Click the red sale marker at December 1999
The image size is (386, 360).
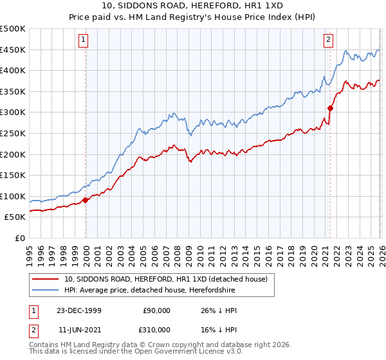tap(86, 200)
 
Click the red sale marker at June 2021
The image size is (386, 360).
tap(330, 108)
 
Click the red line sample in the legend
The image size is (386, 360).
tap(45, 278)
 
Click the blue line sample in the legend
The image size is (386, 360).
tap(45, 291)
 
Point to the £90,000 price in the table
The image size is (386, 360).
tap(157, 310)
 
